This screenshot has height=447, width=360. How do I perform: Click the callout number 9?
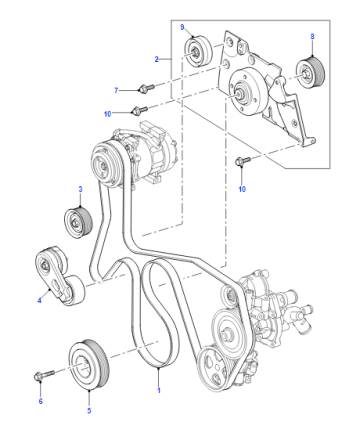click(182, 27)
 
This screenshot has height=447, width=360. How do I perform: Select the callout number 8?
click(312, 36)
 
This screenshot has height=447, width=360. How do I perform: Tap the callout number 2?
click(156, 59)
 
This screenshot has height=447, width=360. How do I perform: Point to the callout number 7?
click(116, 90)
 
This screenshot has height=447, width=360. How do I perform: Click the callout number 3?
click(80, 189)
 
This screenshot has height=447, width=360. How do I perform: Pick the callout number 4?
click(39, 300)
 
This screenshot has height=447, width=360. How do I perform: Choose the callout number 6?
click(41, 401)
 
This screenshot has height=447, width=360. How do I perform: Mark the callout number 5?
click(89, 410)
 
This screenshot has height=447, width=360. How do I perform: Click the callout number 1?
click(159, 390)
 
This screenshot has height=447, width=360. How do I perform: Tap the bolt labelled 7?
click(146, 88)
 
